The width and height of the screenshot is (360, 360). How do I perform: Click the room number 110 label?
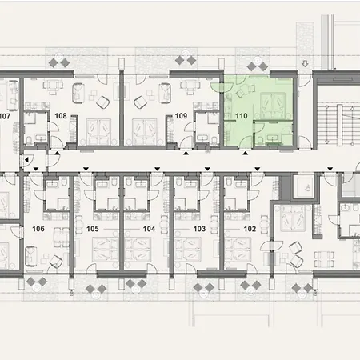(x=240, y=116)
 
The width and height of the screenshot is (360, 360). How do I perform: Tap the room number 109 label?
(x=181, y=116)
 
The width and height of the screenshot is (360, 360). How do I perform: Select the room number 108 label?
(x=60, y=116)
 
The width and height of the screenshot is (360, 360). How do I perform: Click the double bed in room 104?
(x=144, y=250)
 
